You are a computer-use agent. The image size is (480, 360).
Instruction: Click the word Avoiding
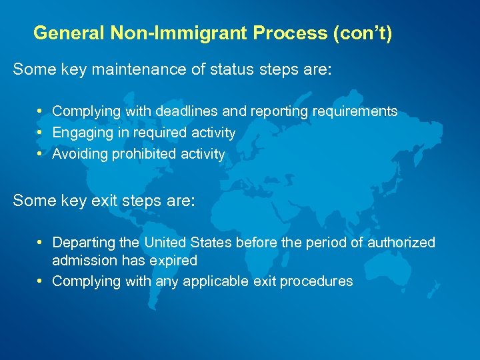click(x=81, y=154)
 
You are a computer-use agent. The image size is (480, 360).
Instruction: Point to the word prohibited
click(x=141, y=154)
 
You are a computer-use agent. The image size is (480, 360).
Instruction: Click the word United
click(x=167, y=243)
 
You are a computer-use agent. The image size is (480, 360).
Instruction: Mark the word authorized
click(x=401, y=243)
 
